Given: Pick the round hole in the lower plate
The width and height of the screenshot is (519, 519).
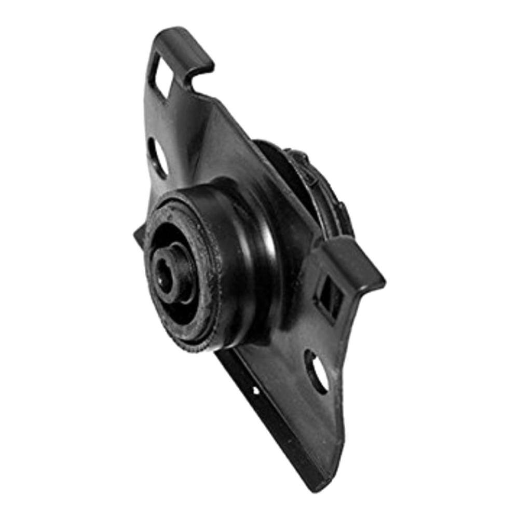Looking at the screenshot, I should pyautogui.click(x=317, y=371).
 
